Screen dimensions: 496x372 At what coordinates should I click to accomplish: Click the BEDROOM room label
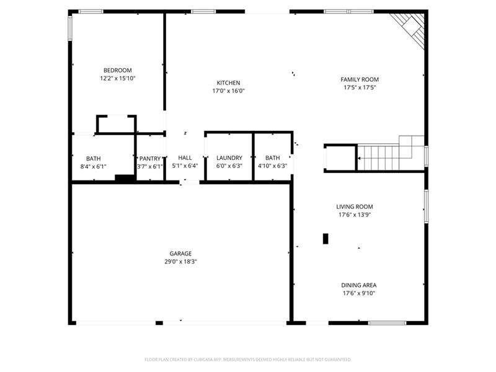click(118, 70)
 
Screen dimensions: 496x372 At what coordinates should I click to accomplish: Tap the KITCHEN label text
click(228, 83)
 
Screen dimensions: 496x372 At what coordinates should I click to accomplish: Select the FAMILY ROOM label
click(360, 79)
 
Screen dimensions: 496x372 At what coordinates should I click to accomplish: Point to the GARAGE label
click(180, 254)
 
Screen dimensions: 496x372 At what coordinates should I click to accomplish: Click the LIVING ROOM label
click(355, 206)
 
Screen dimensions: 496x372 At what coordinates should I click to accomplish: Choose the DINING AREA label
click(359, 285)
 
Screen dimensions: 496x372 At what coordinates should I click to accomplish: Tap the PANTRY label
click(150, 159)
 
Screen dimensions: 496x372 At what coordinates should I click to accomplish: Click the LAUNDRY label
click(229, 157)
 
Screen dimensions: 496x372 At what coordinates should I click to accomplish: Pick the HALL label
click(185, 157)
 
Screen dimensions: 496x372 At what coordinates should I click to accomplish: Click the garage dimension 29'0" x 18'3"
click(180, 262)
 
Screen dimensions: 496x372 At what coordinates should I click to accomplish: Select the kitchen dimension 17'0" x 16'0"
click(228, 91)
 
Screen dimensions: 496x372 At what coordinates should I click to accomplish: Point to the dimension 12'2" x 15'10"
click(118, 79)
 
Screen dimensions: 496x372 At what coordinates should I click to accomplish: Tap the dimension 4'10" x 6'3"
click(273, 166)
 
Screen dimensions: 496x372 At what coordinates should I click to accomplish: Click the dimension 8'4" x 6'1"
click(94, 167)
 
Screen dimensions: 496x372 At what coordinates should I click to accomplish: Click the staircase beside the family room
click(391, 153)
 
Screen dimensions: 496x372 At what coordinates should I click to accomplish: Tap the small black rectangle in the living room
click(325, 239)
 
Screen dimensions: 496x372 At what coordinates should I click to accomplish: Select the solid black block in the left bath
click(125, 178)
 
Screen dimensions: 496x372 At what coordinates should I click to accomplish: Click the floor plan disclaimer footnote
click(247, 360)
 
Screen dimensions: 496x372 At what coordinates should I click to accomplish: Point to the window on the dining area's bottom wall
click(387, 323)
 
